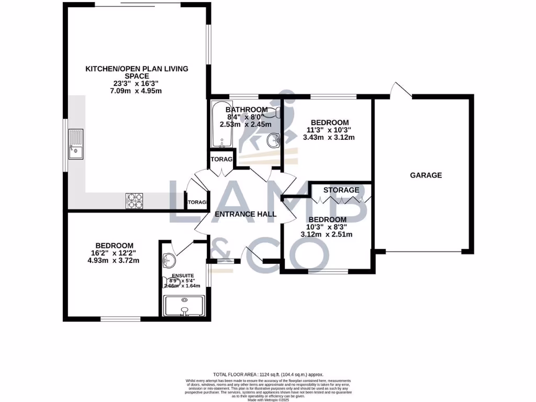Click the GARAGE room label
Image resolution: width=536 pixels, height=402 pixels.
point(426,175)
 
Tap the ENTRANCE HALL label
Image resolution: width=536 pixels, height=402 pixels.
point(245,214)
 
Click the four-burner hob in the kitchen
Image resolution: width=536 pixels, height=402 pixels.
point(134,200)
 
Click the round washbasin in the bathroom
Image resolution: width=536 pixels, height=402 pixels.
point(273,140)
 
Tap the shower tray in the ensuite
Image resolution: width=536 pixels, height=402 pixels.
point(184,306)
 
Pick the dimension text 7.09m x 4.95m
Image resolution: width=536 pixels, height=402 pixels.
point(137,91)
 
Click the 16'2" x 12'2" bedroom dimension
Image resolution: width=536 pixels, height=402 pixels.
point(114,253)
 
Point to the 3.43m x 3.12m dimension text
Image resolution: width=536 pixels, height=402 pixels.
point(329,138)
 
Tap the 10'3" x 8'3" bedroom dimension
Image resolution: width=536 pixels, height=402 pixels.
point(327,227)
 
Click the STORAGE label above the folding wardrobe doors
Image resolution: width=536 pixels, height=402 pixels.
point(341,189)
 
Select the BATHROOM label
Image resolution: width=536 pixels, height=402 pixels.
point(246,109)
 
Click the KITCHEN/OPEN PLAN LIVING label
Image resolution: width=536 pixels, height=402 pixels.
point(137,69)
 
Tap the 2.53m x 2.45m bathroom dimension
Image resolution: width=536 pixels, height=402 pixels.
point(245,124)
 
